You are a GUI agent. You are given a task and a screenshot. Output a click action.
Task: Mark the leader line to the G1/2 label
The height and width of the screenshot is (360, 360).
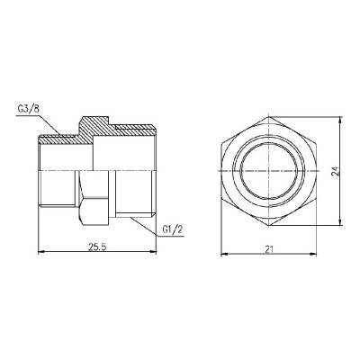click(148, 222)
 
